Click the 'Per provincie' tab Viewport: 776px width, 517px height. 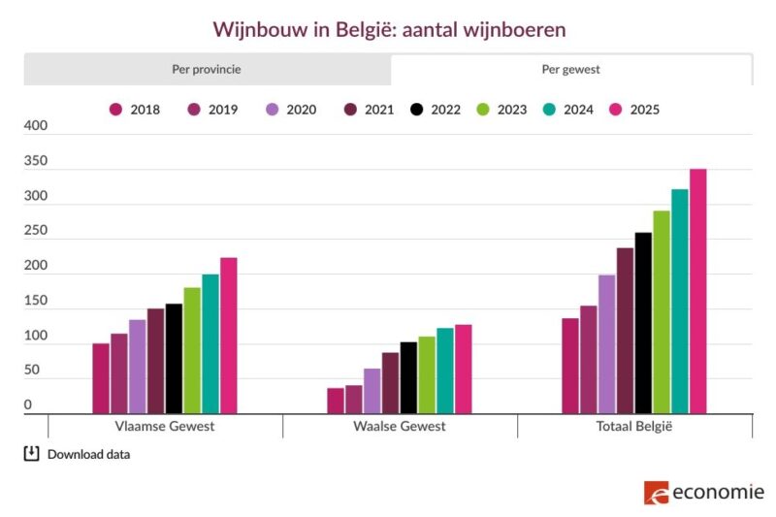pos(206,70)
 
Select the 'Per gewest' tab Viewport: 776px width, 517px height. pos(570,70)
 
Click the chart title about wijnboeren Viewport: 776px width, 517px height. pos(388,30)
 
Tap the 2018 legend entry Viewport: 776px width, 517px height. pos(134,110)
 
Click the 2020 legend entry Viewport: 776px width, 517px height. pos(290,110)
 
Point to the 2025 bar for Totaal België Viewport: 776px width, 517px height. pos(698,291)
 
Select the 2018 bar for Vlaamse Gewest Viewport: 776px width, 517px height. pos(101,378)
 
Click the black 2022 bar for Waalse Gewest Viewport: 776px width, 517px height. pos(408,377)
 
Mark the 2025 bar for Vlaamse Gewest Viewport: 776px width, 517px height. pos(229,336)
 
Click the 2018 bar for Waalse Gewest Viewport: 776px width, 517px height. pos(336,401)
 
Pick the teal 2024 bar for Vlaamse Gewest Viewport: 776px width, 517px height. pos(210,343)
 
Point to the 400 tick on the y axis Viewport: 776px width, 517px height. pos(34,126)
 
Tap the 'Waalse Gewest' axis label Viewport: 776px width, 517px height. pos(400,427)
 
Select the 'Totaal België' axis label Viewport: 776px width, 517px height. pos(634,427)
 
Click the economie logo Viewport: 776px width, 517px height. pos(704,492)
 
